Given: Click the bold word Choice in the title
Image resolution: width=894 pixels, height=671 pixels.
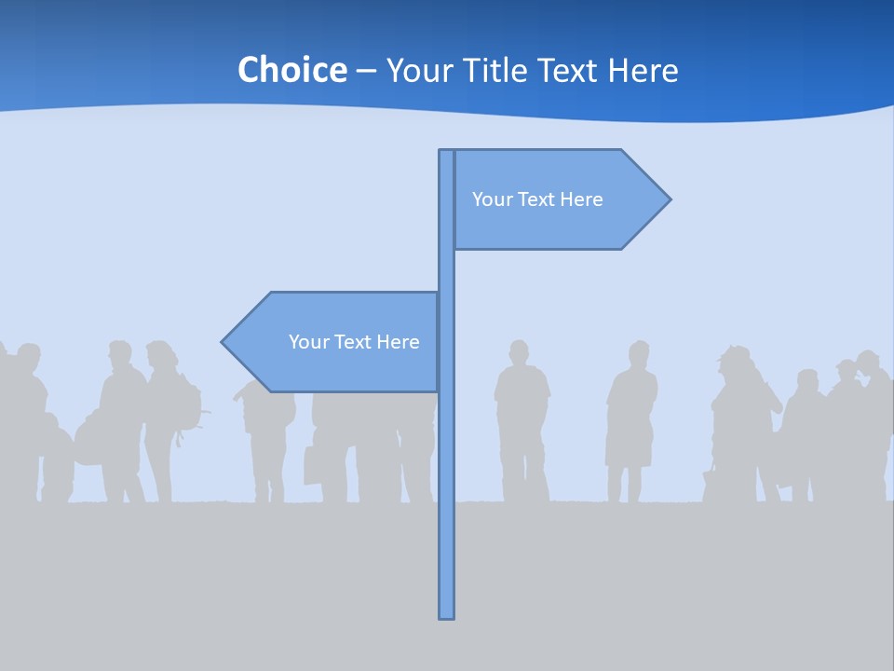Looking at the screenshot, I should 291,70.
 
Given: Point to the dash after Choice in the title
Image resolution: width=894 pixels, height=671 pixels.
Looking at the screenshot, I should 366,72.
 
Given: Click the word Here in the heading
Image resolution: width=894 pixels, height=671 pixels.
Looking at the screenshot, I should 643,70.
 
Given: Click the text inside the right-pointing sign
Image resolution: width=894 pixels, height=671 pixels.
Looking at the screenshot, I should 537,199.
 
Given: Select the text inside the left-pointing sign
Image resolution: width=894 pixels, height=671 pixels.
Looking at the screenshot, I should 354,342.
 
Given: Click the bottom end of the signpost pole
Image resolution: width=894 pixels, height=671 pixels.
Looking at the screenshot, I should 447,614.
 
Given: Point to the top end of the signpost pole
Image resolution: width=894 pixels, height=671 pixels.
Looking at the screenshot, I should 447,153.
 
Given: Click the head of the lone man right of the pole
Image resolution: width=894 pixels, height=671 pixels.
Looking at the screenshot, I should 518,353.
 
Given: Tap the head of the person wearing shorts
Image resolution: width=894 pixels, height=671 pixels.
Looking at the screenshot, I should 638,354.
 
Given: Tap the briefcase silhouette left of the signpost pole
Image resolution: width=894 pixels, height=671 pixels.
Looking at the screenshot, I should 313,465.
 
